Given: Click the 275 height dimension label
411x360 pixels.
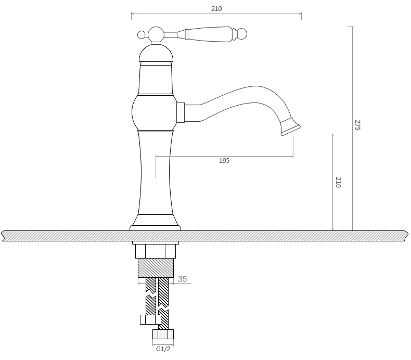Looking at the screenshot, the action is pyautogui.click(x=357, y=125).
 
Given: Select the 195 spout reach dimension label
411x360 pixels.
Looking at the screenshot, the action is pyautogui.click(x=224, y=160).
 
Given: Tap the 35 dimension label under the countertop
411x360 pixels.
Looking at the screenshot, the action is pyautogui.click(x=183, y=279).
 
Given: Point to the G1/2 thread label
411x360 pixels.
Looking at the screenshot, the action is pyautogui.click(x=163, y=349).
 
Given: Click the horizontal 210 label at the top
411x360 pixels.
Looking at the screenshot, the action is pyautogui.click(x=216, y=9).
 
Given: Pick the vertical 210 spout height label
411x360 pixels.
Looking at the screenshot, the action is pyautogui.click(x=338, y=182).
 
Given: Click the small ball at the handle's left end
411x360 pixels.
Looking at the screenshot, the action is pyautogui.click(x=142, y=35).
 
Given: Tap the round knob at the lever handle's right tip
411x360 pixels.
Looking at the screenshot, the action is pyautogui.click(x=242, y=34).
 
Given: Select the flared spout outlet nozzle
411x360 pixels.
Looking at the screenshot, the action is pyautogui.click(x=290, y=126).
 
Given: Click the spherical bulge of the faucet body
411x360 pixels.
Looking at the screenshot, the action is pyautogui.click(x=155, y=112).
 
